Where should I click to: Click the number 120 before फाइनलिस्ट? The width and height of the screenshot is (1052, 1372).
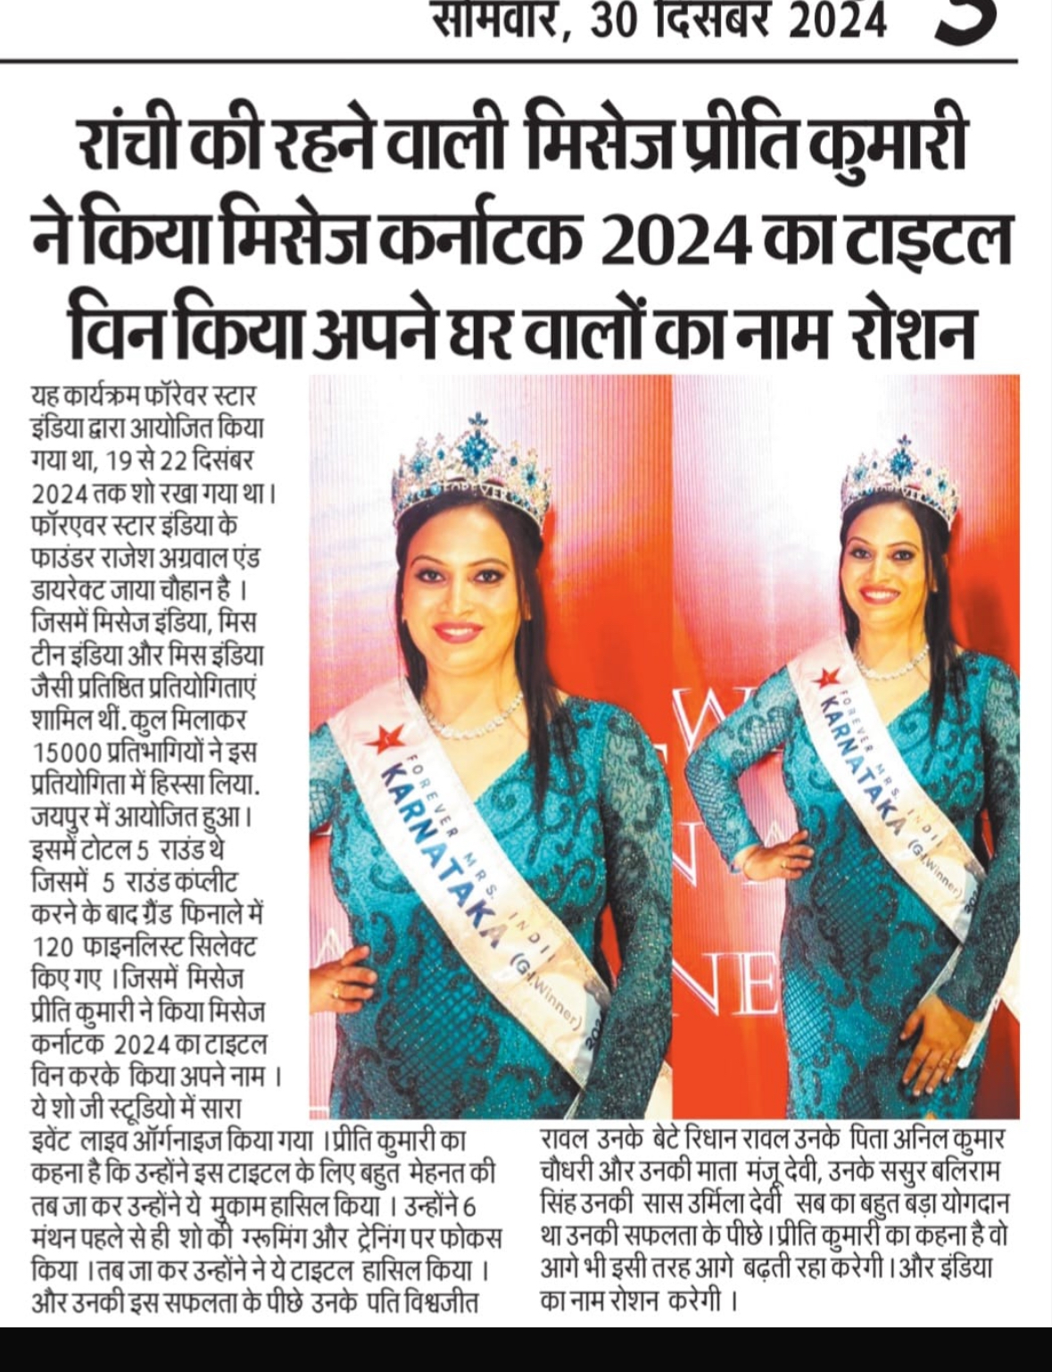point(52,946)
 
